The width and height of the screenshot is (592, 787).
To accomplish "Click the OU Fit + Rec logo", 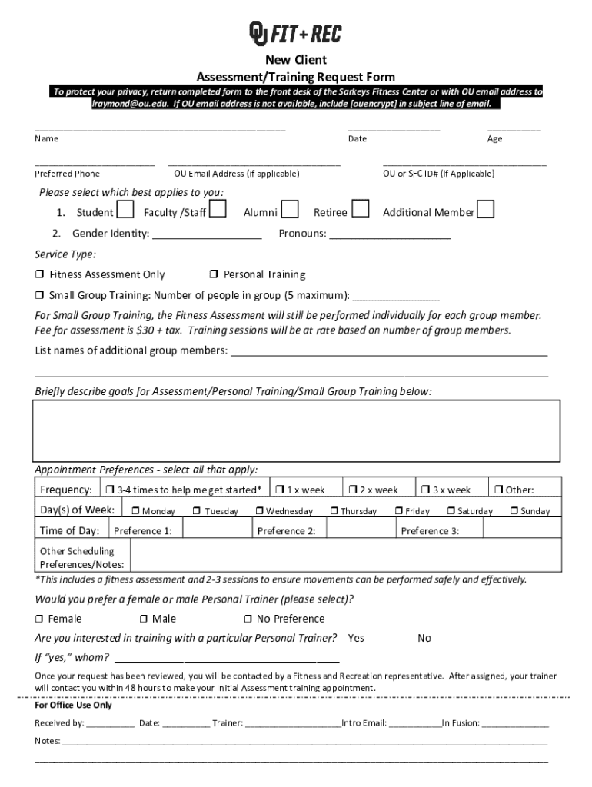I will click(x=294, y=34).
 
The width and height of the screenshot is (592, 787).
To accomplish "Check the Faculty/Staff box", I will click(x=218, y=209).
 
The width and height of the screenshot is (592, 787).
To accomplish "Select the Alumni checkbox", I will click(x=290, y=209).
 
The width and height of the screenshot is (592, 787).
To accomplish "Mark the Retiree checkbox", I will click(x=361, y=209).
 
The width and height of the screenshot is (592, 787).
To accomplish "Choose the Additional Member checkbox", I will click(x=485, y=209).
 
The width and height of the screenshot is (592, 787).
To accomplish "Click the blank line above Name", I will click(x=160, y=128).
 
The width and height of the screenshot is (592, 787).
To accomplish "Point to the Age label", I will click(x=494, y=139).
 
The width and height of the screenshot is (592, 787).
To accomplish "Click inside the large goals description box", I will click(x=295, y=430).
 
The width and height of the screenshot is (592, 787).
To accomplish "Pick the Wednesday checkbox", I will click(x=260, y=511).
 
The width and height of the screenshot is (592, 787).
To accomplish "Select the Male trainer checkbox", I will click(x=144, y=619).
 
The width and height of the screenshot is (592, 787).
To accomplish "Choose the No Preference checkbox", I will click(x=248, y=619).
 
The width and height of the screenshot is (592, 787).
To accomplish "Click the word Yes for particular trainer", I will click(x=356, y=638).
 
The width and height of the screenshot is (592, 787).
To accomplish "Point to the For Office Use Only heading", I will click(x=73, y=705).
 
